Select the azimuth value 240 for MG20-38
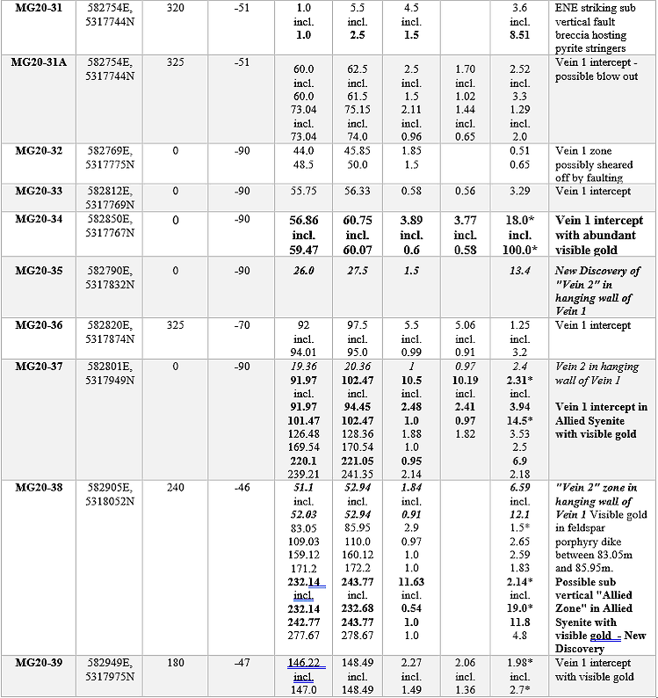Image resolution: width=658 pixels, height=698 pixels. coord(175,488)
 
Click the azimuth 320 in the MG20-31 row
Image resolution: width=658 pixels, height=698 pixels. coord(175,7)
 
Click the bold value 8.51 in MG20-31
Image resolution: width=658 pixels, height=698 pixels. coord(519,35)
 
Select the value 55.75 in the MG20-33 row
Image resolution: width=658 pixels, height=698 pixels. coord(304,191)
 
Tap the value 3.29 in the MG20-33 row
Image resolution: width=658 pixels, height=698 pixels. coord(519,191)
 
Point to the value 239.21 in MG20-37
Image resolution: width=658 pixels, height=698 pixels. coord(304,473)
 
